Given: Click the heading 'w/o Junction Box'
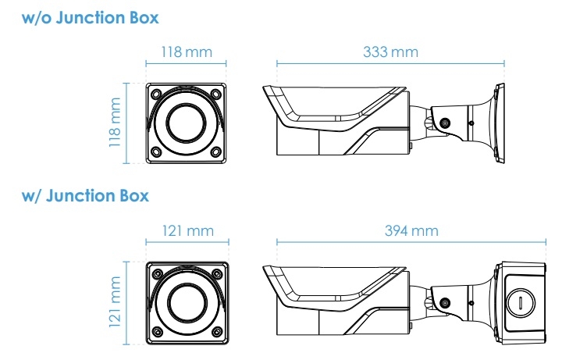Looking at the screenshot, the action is coord(90,17).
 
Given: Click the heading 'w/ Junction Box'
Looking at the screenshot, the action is coord(85,196).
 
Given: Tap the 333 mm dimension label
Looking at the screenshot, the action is coord(390,52).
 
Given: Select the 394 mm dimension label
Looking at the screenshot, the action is coord(411,230).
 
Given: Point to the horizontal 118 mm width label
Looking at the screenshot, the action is coord(187,52).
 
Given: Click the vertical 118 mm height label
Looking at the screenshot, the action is coord(115,123).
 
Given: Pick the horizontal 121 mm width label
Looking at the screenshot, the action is coord(188,230).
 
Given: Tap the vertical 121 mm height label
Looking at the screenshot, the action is coord(115,302).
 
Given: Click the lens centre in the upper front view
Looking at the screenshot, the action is coord(186,123).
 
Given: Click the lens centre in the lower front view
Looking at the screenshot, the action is coord(187,303).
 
